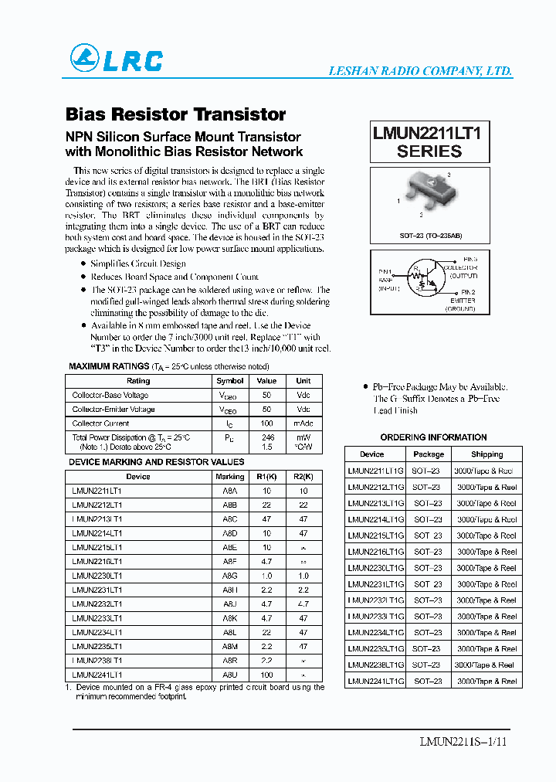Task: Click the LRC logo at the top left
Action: point(117,59)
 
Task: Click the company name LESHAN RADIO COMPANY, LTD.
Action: point(420,71)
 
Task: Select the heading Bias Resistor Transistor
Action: point(176,114)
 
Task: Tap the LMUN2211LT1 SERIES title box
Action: point(429,141)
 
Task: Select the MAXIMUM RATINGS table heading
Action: point(109,366)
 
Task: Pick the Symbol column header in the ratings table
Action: point(230,381)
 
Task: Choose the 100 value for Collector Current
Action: point(266,423)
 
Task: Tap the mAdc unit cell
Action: point(303,423)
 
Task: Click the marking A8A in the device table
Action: point(230,491)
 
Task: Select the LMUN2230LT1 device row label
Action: point(97,576)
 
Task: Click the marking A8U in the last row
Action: point(230,675)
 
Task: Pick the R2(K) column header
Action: point(303,477)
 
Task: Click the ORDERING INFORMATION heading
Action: point(433,437)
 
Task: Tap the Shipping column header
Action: point(486,454)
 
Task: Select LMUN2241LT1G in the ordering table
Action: point(375,681)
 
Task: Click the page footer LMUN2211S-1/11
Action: point(463,742)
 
